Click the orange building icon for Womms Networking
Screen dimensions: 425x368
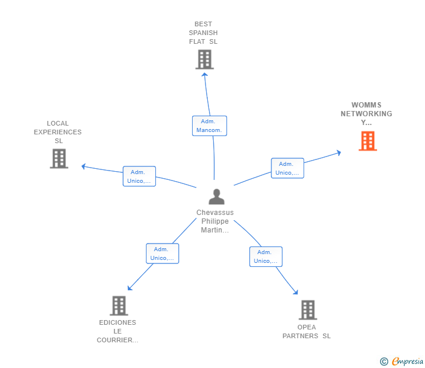click(x=368, y=141)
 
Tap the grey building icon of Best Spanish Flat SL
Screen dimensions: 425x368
click(x=205, y=60)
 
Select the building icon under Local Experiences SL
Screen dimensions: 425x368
click(x=59, y=159)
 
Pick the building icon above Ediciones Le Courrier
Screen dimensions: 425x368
click(x=119, y=305)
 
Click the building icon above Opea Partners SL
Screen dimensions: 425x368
click(x=308, y=310)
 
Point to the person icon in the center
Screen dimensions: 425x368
click(x=217, y=197)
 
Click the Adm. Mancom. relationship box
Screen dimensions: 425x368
click(x=210, y=126)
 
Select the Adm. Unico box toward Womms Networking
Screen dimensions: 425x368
click(x=288, y=168)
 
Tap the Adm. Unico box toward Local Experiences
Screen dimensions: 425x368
click(x=140, y=176)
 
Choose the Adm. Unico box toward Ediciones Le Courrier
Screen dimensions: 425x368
click(x=163, y=254)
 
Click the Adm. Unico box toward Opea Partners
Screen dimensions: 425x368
click(x=266, y=256)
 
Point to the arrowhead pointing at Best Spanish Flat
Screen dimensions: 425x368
click(x=205, y=74)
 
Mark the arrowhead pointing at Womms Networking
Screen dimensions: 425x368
click(x=339, y=152)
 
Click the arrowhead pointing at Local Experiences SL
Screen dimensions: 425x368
click(x=83, y=166)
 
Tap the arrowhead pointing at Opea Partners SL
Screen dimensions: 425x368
click(x=296, y=292)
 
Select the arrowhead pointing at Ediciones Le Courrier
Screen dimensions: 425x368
click(x=130, y=288)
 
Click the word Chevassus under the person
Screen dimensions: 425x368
click(x=215, y=213)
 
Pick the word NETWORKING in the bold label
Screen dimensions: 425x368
click(x=367, y=114)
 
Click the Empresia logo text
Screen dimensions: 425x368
click(x=407, y=361)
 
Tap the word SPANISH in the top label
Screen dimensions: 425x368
click(x=203, y=33)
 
